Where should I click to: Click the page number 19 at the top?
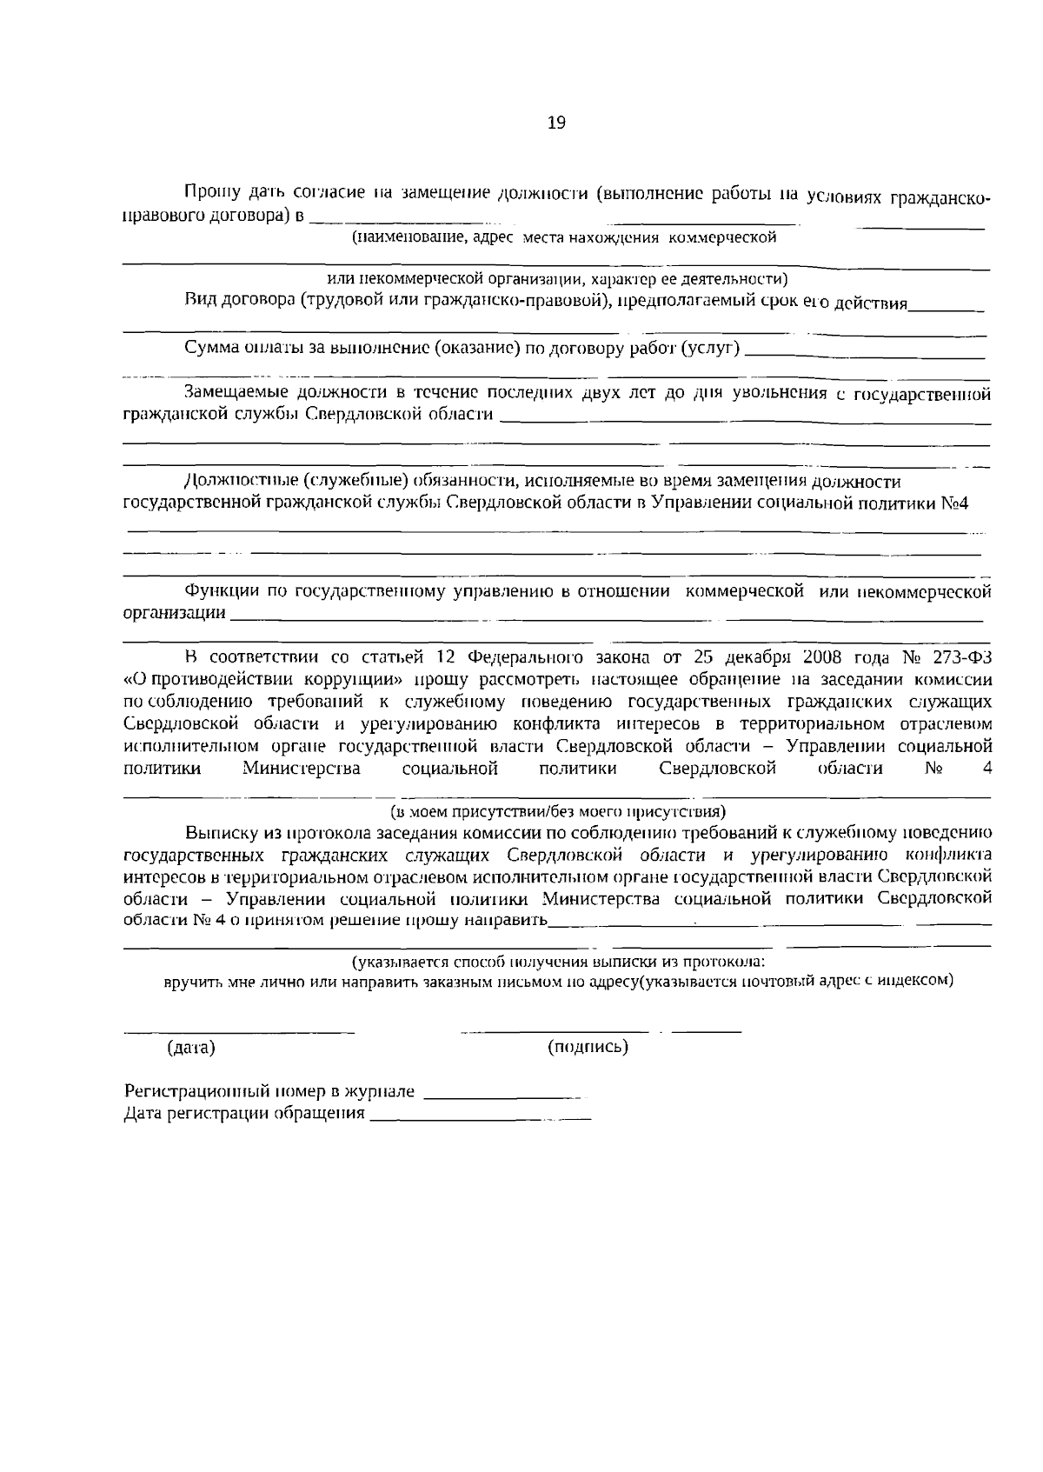coord(556,123)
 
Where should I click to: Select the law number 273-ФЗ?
coord(961,656)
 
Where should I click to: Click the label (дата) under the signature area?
coord(190,1048)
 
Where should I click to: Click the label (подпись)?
coord(588,1047)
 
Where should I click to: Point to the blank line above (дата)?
coord(239,1031)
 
